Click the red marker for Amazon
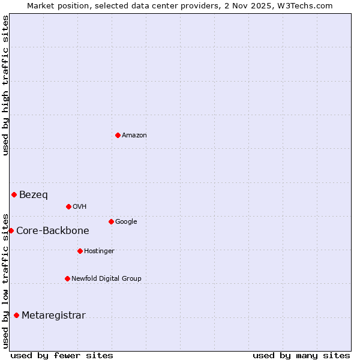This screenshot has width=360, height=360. point(118,135)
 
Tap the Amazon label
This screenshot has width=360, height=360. point(134,136)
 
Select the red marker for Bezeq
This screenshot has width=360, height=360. point(14,194)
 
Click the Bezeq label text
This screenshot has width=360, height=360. point(34,195)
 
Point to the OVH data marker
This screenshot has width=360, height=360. point(68,206)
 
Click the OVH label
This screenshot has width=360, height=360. point(80,207)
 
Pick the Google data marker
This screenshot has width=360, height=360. point(111,221)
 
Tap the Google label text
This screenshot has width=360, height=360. point(126,222)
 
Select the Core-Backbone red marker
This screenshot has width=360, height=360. point(11,230)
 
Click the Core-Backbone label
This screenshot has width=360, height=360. point(53,231)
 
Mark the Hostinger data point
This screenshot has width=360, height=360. point(80,251)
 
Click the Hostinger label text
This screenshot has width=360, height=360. point(99,251)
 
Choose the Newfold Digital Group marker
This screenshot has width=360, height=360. point(67,278)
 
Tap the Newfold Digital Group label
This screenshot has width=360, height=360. point(106,279)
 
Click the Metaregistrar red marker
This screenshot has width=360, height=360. point(16,315)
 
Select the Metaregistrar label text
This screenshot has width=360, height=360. point(53,316)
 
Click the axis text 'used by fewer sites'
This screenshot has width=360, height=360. point(62,356)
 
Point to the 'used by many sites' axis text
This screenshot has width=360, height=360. point(301,356)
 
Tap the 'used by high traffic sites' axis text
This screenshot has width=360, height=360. point(6,85)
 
